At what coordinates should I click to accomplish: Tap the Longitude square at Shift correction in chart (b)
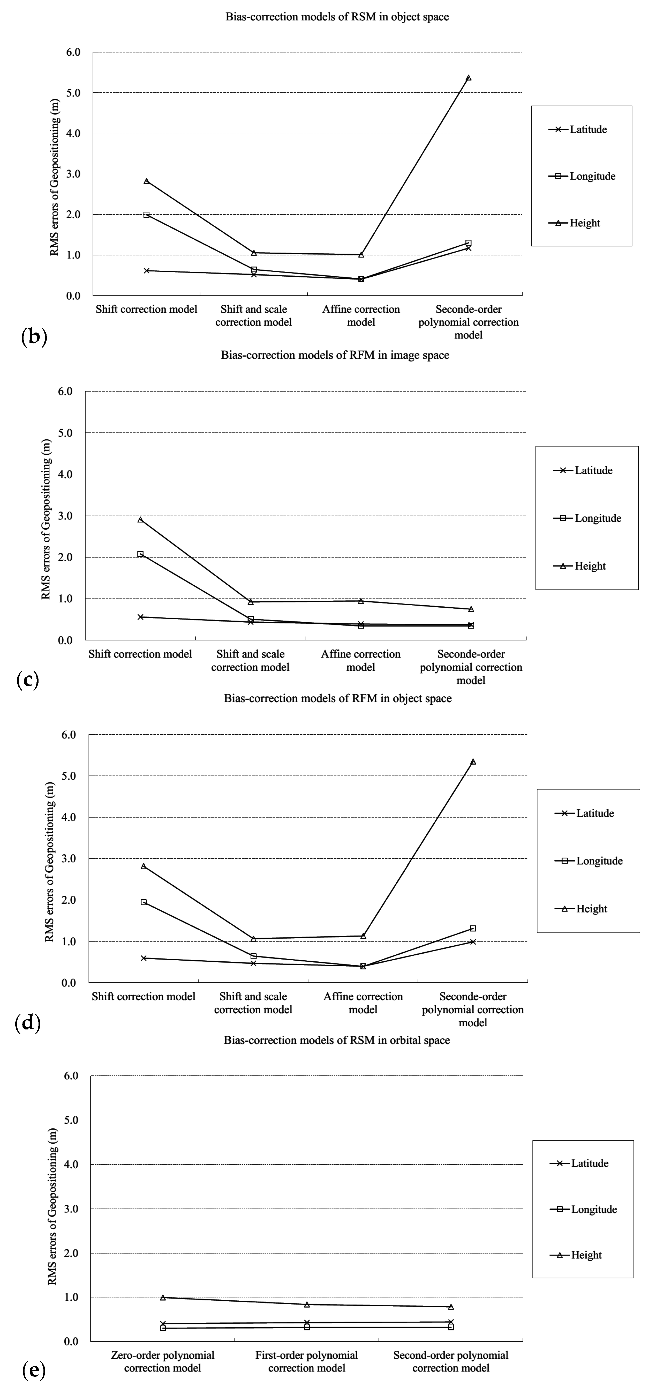tap(146, 215)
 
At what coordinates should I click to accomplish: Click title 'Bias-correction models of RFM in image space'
tap(335, 355)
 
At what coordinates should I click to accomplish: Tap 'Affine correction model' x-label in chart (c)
tap(361, 660)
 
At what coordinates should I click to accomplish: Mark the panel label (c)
tap(28, 680)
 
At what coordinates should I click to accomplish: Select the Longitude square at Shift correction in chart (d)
tap(144, 902)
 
